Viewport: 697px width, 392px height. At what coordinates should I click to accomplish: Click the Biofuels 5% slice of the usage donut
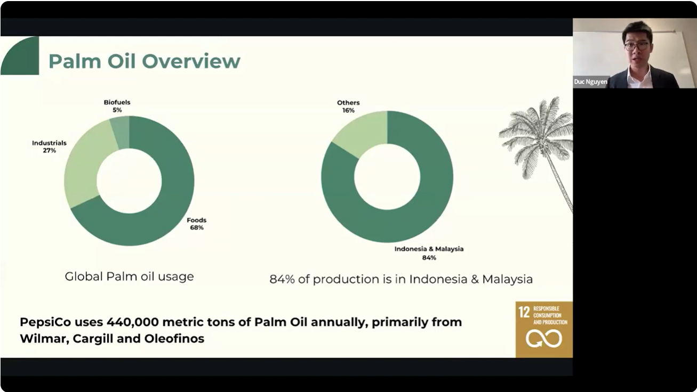click(x=121, y=133)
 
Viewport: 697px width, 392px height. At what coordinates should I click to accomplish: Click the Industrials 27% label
click(x=49, y=146)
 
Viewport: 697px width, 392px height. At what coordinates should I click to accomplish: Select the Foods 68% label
click(x=197, y=224)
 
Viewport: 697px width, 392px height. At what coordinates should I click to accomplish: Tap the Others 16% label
click(x=348, y=107)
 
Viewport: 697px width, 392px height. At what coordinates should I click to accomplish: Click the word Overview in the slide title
click(x=191, y=61)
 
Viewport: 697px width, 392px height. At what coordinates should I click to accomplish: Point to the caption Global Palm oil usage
click(x=129, y=276)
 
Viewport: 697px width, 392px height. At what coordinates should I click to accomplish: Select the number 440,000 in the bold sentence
click(x=133, y=322)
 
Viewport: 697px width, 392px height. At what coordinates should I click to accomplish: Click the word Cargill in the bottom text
click(x=93, y=339)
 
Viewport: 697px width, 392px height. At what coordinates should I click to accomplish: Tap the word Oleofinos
click(x=174, y=338)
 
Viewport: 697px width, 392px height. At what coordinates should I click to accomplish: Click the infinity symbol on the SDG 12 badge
click(x=544, y=339)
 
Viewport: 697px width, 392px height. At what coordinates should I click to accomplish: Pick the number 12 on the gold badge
click(x=524, y=312)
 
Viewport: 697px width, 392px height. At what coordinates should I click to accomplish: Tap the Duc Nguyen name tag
click(x=590, y=82)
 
